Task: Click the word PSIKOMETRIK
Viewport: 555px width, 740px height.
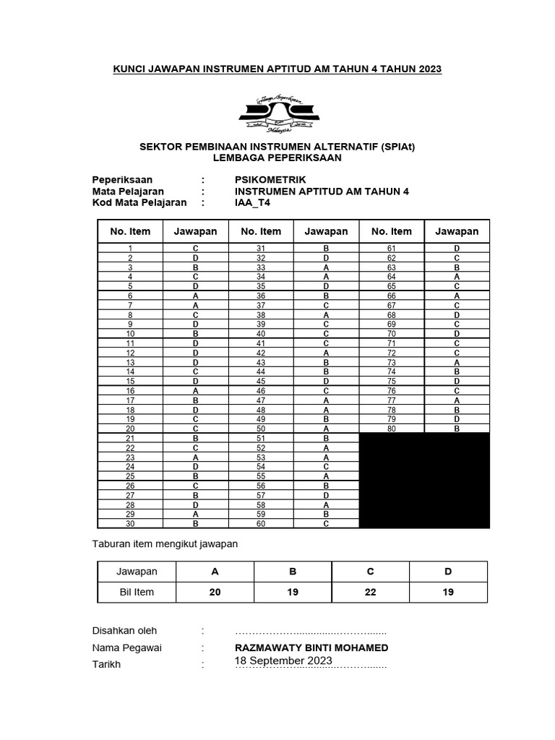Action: (x=271, y=179)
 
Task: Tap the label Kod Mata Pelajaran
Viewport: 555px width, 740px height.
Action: (x=139, y=202)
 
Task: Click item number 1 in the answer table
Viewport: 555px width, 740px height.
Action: (x=130, y=248)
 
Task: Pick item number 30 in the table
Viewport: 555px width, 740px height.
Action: (x=130, y=523)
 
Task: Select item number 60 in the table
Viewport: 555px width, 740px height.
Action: (x=261, y=523)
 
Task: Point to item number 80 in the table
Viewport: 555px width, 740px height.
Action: (x=392, y=429)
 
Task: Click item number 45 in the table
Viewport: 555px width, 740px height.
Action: (x=261, y=381)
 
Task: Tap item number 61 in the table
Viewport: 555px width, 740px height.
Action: (x=392, y=248)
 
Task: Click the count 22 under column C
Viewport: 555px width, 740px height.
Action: (x=370, y=592)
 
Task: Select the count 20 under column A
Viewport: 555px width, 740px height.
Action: (x=214, y=592)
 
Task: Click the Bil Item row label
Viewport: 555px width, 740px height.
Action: (x=137, y=592)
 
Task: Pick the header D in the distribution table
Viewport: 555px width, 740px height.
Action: (x=448, y=571)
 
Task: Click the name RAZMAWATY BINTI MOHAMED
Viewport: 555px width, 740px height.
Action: (x=311, y=647)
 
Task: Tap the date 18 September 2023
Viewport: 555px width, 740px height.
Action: (x=283, y=661)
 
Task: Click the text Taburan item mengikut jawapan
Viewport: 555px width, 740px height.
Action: (x=165, y=543)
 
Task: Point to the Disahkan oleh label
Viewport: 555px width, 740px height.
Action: (x=124, y=630)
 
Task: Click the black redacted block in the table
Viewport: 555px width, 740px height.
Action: (x=424, y=480)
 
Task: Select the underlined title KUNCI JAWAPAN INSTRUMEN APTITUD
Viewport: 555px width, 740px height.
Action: (x=277, y=69)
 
